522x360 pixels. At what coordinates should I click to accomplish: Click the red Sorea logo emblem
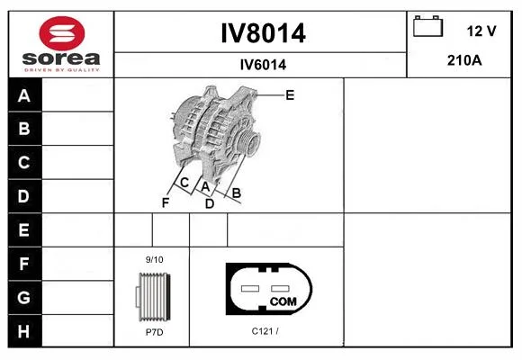click(x=62, y=33)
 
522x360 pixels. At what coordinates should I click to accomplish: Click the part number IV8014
click(x=263, y=33)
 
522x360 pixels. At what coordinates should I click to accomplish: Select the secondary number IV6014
click(x=263, y=65)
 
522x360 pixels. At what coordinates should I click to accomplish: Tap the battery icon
click(x=427, y=26)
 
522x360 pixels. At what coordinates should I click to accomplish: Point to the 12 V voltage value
click(x=481, y=31)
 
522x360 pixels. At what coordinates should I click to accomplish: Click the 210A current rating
click(x=464, y=60)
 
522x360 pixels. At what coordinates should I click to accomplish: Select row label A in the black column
click(x=24, y=96)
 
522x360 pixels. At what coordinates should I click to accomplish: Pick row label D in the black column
click(x=23, y=196)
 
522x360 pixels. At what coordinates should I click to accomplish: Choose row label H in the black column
click(x=23, y=331)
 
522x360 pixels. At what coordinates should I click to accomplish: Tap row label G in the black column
click(x=23, y=297)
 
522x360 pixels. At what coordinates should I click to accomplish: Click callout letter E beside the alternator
click(x=290, y=95)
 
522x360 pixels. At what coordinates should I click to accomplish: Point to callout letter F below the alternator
click(x=166, y=202)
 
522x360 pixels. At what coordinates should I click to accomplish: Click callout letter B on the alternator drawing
click(x=237, y=193)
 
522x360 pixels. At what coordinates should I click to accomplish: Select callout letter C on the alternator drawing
click(x=184, y=183)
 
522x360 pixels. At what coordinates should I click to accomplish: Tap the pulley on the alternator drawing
click(x=248, y=141)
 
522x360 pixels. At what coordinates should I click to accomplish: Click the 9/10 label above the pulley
click(x=155, y=259)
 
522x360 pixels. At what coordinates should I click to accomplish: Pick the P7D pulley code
click(x=155, y=332)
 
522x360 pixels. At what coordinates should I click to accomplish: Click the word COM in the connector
click(x=283, y=301)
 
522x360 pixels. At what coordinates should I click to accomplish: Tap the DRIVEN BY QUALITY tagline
click(x=62, y=70)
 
